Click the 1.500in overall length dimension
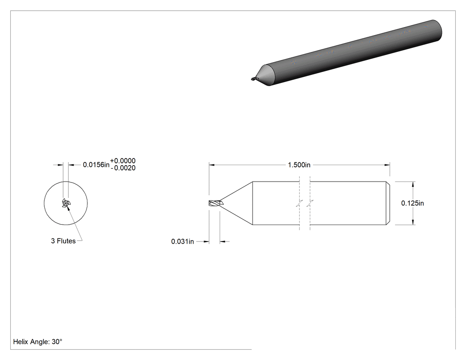(x=299, y=165)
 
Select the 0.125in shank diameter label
(x=412, y=203)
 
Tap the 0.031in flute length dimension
(x=182, y=241)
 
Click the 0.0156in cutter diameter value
(x=96, y=165)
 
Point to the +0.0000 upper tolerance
(x=123, y=161)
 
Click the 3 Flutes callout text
(x=63, y=241)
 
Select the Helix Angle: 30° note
(x=38, y=342)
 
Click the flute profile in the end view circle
(x=66, y=203)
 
